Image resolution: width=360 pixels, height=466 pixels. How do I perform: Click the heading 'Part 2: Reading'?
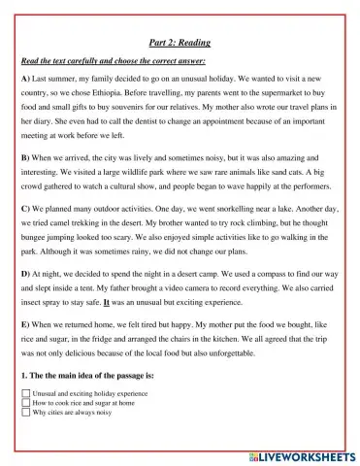tap(180, 43)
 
